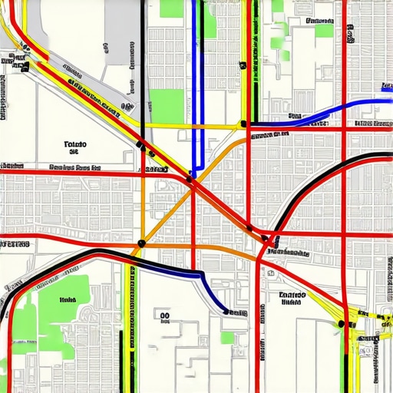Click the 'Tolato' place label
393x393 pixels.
pos(76,144)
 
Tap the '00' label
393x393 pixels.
pos(163,315)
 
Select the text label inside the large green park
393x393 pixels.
pos(68,300)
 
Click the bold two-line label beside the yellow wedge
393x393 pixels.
pos(292,298)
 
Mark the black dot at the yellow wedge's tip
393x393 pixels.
pos(340,324)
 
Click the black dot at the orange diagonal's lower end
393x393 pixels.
pos(141,243)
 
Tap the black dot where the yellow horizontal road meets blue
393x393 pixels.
pos(243,124)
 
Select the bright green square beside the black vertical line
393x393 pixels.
pos(166,106)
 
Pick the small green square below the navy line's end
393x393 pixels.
pos(227,337)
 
